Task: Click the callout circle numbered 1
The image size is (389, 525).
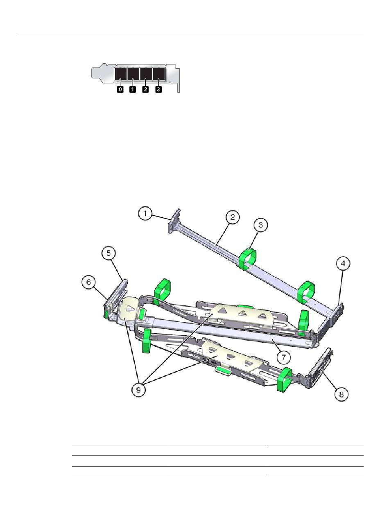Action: pyautogui.click(x=145, y=214)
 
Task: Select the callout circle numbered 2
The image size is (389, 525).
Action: pyautogui.click(x=233, y=217)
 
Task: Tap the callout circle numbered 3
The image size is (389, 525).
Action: pyautogui.click(x=260, y=224)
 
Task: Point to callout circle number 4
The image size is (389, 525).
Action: pyautogui.click(x=343, y=264)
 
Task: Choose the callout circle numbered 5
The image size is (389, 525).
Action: pyautogui.click(x=109, y=253)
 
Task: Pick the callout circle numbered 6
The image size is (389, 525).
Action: pyautogui.click(x=88, y=282)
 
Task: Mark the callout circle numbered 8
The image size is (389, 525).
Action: pyautogui.click(x=342, y=394)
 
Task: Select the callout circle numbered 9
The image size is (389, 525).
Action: pyautogui.click(x=138, y=390)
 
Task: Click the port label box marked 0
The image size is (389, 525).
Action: pyautogui.click(x=120, y=89)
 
